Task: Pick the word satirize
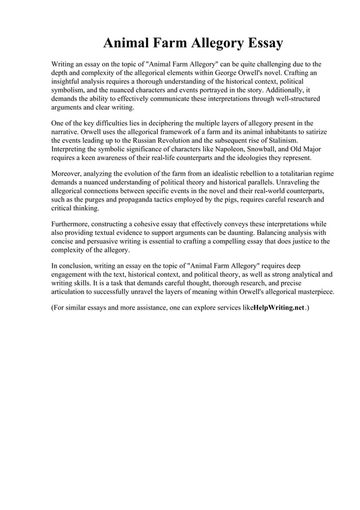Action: point(313,131)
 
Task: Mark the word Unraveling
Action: point(292,182)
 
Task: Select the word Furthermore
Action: point(72,224)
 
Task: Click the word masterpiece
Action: point(314,291)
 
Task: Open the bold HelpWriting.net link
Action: point(279,310)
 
